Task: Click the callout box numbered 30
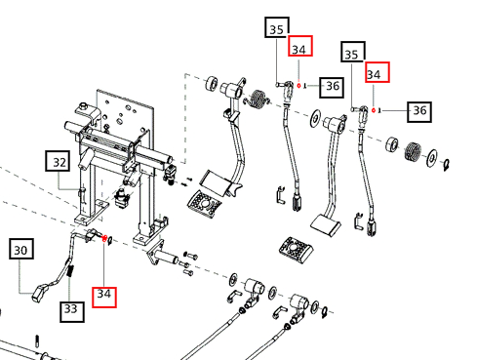(x=21, y=249)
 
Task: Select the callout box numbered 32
(x=58, y=161)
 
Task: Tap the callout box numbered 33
(x=72, y=311)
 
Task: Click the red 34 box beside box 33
(x=104, y=297)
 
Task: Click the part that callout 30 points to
(x=39, y=292)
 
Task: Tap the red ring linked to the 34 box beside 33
(x=104, y=239)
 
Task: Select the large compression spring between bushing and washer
(x=414, y=151)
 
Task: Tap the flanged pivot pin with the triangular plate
(x=162, y=255)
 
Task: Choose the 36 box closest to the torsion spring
(x=332, y=87)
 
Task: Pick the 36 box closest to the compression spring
(x=419, y=112)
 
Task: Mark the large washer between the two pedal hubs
(x=315, y=119)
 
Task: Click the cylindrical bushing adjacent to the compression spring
(x=392, y=144)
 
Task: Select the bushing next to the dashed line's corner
(x=212, y=84)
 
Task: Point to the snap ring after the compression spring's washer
(x=447, y=165)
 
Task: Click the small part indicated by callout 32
(x=82, y=193)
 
